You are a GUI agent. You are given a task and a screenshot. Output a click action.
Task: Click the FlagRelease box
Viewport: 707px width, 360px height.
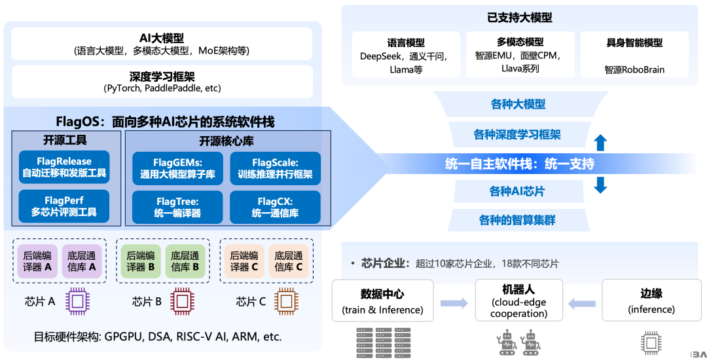tap(64, 167)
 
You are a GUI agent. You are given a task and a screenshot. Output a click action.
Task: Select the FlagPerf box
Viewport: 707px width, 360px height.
tap(64, 206)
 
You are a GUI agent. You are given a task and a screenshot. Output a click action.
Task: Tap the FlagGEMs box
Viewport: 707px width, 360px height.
tap(177, 168)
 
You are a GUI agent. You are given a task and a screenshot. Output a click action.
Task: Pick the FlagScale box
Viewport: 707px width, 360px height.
tap(275, 168)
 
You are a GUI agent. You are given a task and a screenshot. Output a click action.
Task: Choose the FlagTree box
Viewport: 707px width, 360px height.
tap(177, 207)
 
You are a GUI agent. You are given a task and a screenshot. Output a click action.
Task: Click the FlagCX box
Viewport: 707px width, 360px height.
tap(275, 207)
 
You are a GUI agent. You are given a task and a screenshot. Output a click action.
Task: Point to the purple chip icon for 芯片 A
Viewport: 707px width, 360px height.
tap(77, 302)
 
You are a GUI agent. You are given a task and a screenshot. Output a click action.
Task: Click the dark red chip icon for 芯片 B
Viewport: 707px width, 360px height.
tap(183, 302)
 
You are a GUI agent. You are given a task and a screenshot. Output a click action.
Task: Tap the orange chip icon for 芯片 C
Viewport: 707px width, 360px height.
tap(286, 302)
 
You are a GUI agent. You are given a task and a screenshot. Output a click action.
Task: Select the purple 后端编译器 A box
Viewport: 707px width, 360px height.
tap(37, 261)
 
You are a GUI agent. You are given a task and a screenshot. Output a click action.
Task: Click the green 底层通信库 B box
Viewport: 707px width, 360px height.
tap(185, 261)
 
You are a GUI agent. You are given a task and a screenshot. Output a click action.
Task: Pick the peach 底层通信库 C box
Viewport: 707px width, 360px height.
tap(289, 261)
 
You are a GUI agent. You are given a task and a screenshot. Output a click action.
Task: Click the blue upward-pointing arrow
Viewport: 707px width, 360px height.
tap(600, 143)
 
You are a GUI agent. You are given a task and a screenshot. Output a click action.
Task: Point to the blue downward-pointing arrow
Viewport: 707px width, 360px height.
tap(600, 185)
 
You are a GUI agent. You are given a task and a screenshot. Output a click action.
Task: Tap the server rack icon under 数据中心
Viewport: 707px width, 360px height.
tap(384, 342)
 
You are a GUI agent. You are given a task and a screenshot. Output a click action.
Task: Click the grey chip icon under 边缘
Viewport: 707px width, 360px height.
tap(651, 344)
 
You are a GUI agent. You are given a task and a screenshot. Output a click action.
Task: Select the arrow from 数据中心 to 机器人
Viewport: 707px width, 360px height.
tap(454, 303)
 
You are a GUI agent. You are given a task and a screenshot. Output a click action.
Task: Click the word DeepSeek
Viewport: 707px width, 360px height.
tap(380, 57)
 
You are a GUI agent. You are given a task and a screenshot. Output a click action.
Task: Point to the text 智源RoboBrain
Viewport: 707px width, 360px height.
tap(634, 70)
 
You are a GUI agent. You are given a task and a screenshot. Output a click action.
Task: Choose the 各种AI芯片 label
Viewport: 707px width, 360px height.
tap(517, 192)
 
